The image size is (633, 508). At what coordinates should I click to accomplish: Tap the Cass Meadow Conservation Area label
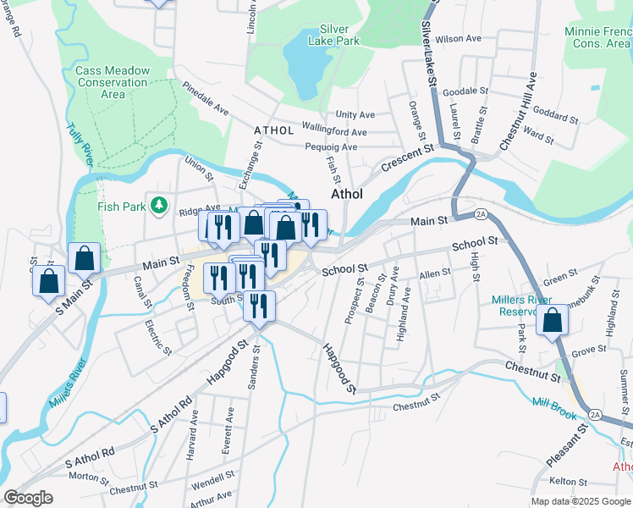coord(113,82)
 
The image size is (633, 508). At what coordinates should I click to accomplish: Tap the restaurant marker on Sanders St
coord(259,306)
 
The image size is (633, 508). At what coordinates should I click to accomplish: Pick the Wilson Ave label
coord(458,39)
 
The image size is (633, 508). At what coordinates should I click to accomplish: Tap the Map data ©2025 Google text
coord(581,501)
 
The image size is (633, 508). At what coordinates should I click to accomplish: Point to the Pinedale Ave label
coord(206,100)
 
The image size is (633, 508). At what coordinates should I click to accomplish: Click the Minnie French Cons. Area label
coord(597,36)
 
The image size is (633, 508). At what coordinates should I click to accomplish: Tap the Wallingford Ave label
coord(336,132)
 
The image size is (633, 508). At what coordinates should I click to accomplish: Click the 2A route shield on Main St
coord(480,213)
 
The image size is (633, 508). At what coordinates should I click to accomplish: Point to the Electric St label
coord(157,336)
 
